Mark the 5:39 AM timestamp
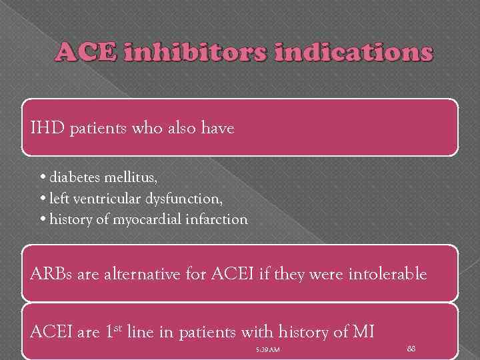tap(267, 349)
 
